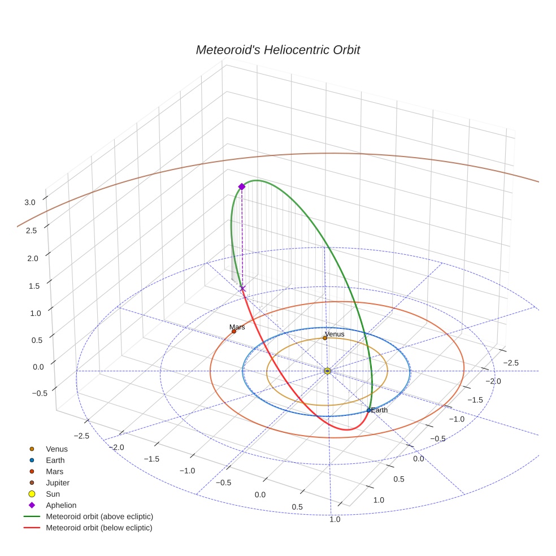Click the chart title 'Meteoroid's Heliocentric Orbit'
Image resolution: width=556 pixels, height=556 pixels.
(277, 50)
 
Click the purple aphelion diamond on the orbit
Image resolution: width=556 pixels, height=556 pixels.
(242, 186)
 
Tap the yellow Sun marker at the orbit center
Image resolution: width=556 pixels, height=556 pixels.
(328, 371)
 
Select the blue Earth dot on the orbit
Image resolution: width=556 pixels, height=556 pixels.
(369, 410)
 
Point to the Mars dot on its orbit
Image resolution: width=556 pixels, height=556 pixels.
(233, 331)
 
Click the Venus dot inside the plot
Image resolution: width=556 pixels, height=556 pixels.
(325, 338)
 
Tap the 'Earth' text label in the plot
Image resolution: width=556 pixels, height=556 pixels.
(380, 410)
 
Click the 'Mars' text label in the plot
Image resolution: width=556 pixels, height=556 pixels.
(237, 327)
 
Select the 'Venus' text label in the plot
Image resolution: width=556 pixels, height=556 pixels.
(335, 334)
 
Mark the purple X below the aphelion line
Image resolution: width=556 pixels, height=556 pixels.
(243, 289)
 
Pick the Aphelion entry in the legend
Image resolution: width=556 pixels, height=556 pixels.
(60, 505)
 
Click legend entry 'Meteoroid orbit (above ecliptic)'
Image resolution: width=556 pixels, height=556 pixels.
(99, 516)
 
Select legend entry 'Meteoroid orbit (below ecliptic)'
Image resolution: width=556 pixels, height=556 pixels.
(99, 528)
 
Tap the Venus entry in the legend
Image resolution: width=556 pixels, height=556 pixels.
(57, 449)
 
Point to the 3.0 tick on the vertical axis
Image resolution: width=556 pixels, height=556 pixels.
(30, 202)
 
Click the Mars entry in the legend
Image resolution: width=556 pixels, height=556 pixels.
(54, 471)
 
